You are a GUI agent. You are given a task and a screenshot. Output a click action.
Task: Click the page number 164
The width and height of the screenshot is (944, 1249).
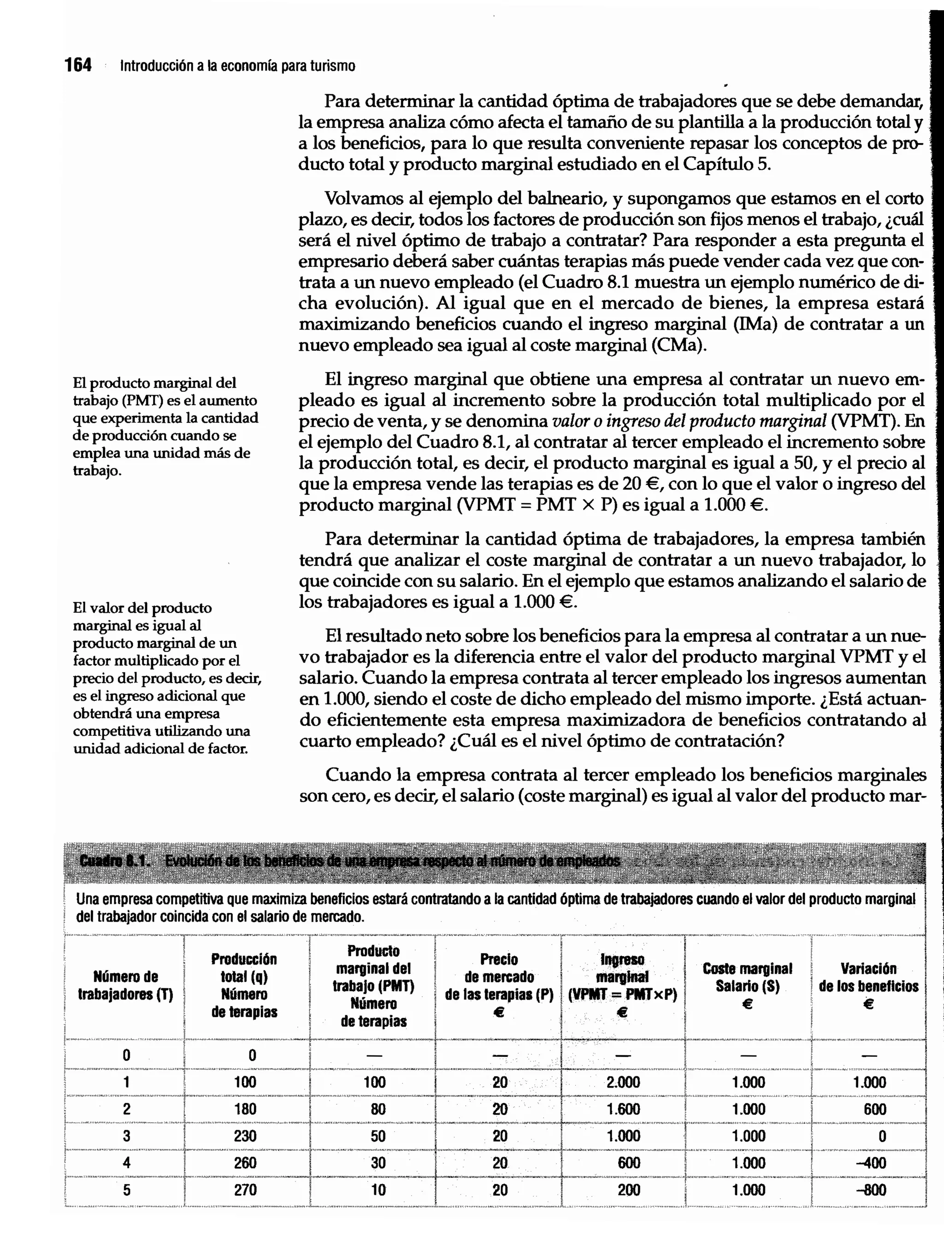[x=78, y=65]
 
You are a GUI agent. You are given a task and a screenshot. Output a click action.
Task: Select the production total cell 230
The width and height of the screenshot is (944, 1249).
[x=245, y=1136]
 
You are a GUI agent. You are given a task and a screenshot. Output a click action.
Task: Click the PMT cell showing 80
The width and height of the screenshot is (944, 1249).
[x=378, y=1109]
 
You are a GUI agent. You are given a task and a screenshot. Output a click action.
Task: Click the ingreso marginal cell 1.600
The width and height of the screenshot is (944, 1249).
[x=623, y=1109]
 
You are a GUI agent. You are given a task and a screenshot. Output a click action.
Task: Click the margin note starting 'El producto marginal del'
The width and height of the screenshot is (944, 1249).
[x=165, y=426]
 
